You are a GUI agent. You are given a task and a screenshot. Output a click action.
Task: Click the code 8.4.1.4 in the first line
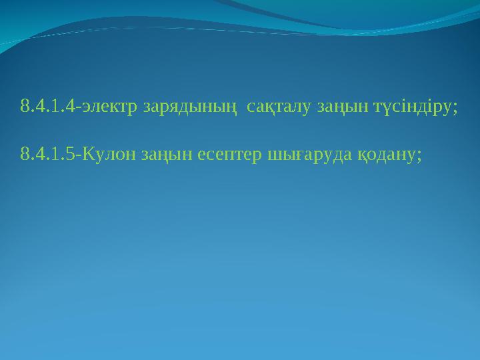(x=49, y=107)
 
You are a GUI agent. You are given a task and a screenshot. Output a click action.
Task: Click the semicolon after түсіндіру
(x=455, y=108)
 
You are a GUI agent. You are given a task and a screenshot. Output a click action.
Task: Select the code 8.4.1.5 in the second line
(x=49, y=155)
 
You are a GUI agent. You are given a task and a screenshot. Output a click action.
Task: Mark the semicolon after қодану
(x=419, y=157)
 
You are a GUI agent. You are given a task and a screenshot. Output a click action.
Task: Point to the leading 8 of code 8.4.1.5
(x=25, y=155)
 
